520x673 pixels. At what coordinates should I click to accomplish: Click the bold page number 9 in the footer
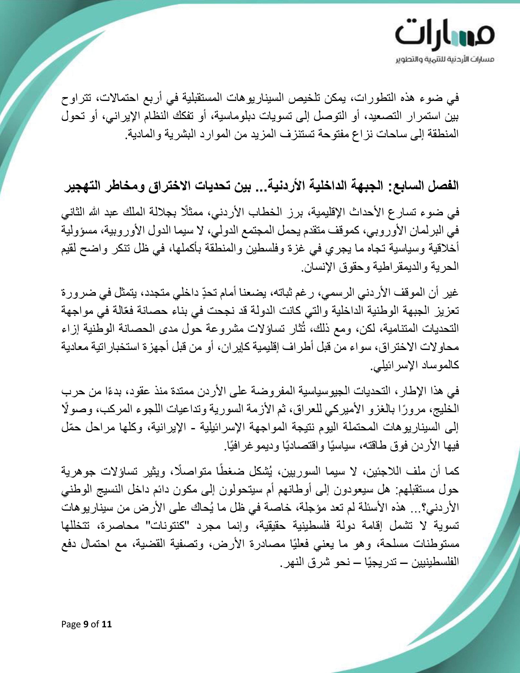click(x=86, y=624)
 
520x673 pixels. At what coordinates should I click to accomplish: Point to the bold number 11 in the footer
click(x=106, y=624)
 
